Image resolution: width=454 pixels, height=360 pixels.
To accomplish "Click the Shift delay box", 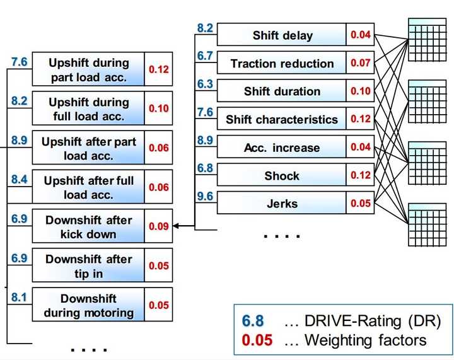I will click(x=282, y=35).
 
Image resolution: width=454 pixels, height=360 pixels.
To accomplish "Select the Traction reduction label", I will click(x=282, y=64).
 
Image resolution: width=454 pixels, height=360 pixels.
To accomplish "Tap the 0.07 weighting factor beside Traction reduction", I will click(x=361, y=64).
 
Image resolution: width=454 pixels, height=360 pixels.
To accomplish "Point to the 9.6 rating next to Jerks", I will click(x=205, y=196).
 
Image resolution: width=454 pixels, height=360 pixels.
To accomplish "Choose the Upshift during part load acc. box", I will click(x=88, y=70).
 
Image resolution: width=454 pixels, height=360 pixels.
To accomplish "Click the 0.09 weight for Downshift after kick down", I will click(x=158, y=226).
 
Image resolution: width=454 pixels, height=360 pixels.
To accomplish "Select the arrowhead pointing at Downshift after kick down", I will click(x=176, y=226).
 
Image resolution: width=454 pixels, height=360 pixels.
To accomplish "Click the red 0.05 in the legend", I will click(x=257, y=341).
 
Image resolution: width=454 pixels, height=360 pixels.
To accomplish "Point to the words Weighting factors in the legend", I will click(x=365, y=341).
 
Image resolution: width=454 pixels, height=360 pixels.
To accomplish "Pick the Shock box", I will click(x=282, y=176).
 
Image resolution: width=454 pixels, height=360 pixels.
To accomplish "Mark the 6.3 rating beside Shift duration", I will click(x=205, y=84).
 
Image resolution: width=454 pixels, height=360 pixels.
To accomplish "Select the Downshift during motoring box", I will click(x=88, y=305).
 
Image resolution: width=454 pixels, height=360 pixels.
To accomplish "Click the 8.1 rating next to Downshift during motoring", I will click(x=20, y=296).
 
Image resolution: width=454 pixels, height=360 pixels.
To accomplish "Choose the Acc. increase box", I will click(x=282, y=148).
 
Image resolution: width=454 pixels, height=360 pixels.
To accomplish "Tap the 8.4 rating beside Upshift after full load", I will click(x=20, y=180).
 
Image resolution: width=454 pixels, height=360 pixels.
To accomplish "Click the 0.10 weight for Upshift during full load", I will click(x=158, y=108).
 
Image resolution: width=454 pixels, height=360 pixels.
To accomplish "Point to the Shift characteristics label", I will click(x=282, y=120).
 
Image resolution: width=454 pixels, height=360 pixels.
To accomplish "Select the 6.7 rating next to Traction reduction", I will click(x=205, y=56).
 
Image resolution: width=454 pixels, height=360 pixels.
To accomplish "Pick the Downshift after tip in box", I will click(x=88, y=266).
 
